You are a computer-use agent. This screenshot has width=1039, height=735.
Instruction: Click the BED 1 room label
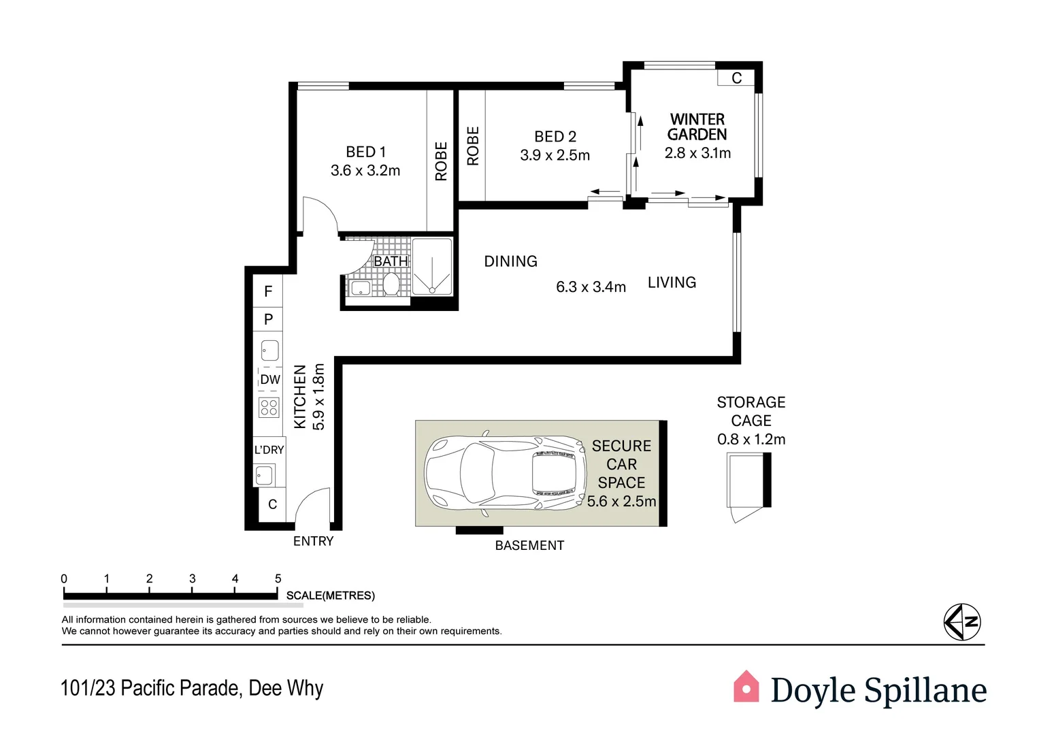pos(365,152)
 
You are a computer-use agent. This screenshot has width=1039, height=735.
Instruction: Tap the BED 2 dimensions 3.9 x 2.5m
pos(555,155)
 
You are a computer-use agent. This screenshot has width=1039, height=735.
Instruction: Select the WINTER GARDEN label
pos(697,127)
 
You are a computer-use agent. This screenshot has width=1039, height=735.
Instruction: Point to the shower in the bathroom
pos(431,266)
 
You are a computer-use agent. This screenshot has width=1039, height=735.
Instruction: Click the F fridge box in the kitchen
pos(268,291)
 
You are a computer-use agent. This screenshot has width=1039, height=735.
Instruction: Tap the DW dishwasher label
pos(270,380)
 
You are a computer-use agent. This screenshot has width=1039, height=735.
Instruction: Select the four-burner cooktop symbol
pos(269,407)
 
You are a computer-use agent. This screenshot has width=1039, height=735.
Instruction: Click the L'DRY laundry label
pos(269,450)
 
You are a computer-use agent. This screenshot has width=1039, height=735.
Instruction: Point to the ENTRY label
pos(313,541)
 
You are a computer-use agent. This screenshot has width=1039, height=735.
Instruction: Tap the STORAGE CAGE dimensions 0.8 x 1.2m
pos(751,440)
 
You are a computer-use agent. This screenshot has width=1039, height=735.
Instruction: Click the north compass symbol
pos(962,622)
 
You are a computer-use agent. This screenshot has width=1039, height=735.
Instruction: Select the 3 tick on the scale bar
pos(193,579)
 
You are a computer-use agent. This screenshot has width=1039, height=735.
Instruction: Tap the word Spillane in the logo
pos(925,690)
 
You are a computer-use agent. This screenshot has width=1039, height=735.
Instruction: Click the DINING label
pos(510,261)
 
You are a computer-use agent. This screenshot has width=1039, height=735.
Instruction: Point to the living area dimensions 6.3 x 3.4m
pos(591,287)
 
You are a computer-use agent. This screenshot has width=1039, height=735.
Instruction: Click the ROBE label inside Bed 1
pos(441,161)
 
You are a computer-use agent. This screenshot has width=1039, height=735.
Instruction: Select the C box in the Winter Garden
pos(736,78)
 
